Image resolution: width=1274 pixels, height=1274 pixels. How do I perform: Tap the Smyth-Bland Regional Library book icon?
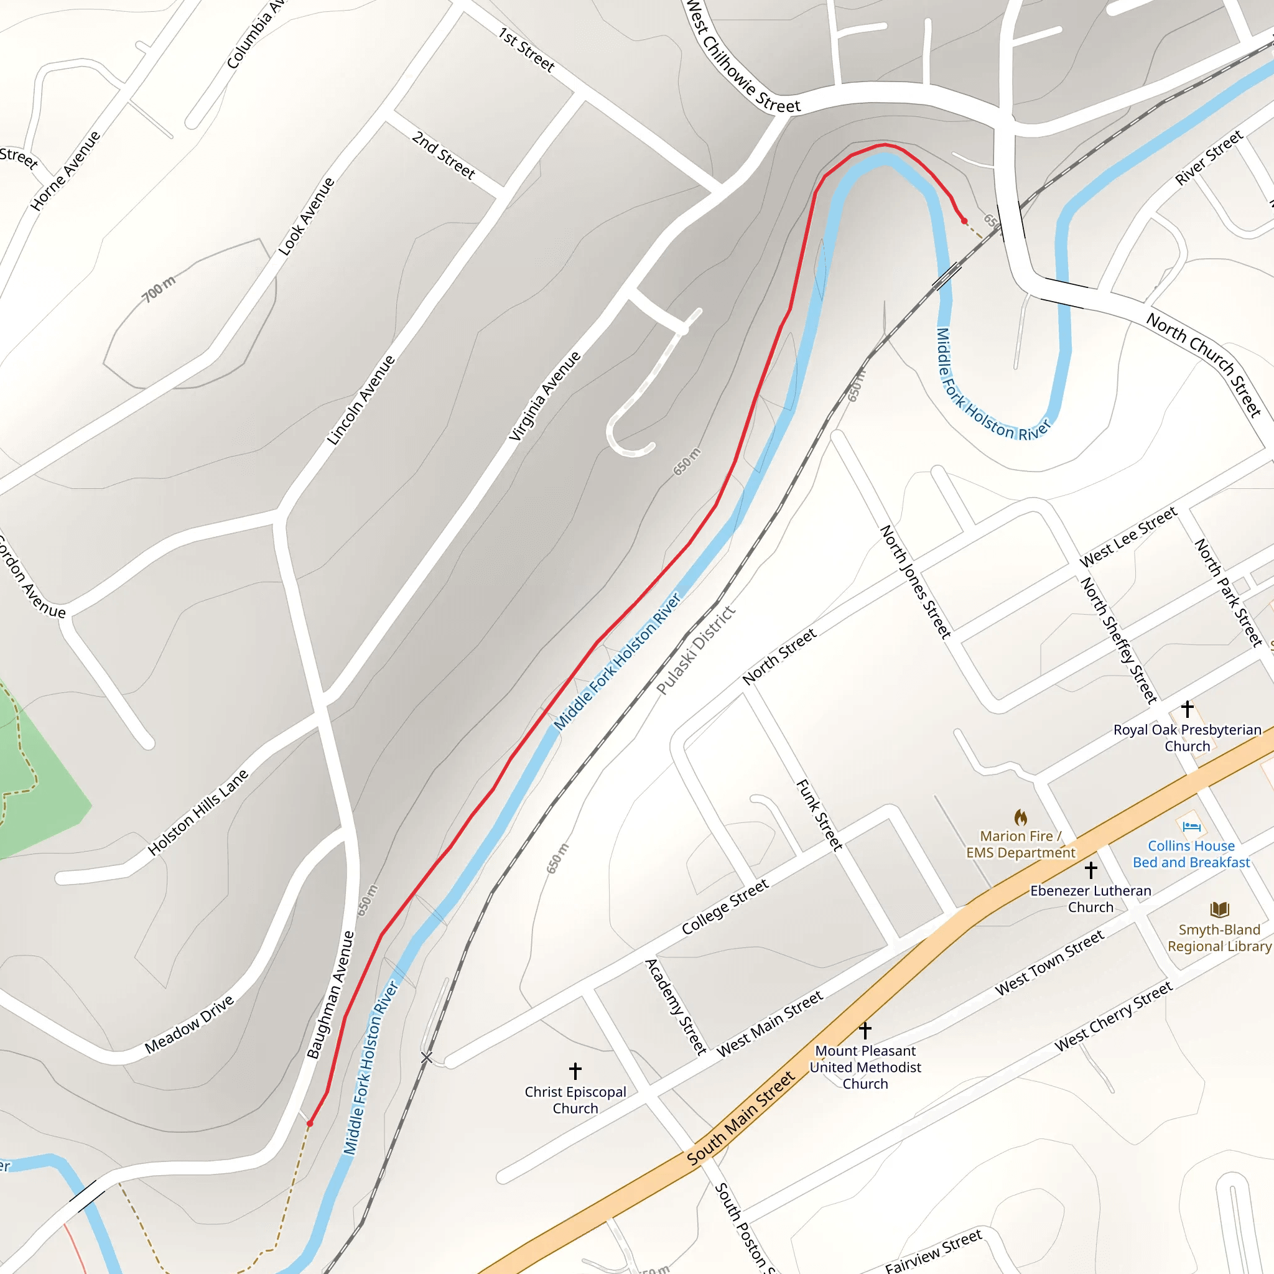[1220, 910]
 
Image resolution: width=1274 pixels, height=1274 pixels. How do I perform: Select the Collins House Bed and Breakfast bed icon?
[1190, 825]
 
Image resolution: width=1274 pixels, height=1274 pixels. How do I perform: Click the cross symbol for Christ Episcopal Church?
[575, 1070]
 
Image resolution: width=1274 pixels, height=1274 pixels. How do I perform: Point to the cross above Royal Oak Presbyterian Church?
[1187, 709]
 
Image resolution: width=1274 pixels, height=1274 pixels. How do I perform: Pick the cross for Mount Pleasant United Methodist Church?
[865, 1030]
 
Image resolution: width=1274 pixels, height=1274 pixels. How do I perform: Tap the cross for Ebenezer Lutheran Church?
[1090, 869]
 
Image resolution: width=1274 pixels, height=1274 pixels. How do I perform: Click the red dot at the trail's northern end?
[964, 221]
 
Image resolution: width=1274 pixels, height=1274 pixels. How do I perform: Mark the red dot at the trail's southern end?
[310, 1123]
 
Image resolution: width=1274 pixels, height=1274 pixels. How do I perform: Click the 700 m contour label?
[159, 289]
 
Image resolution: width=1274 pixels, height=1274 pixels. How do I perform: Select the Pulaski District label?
[695, 650]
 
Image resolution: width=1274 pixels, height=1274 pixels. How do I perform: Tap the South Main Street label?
[740, 1119]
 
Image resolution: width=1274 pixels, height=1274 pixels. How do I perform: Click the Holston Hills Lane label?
[198, 812]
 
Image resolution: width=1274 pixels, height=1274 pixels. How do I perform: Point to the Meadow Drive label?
[189, 1024]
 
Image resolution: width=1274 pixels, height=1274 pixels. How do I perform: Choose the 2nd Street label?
[443, 155]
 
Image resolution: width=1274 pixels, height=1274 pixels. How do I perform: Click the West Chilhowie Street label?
[743, 58]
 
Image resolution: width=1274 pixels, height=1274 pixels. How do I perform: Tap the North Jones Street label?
[916, 582]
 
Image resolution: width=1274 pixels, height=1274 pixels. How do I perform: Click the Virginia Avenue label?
[546, 396]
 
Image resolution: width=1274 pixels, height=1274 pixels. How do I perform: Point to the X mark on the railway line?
[427, 1058]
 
